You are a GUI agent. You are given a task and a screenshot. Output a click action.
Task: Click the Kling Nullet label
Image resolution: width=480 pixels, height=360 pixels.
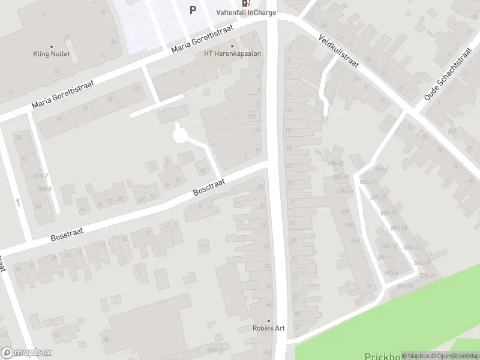52,54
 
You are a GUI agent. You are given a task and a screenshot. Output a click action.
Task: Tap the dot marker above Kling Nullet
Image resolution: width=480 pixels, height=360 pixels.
52,46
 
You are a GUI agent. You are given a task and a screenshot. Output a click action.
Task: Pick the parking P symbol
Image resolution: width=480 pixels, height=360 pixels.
193,9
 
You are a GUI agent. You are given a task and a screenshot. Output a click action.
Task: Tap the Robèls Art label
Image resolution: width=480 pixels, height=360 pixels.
268,328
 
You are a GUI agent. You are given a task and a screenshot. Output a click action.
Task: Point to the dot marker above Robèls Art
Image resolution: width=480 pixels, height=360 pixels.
268,320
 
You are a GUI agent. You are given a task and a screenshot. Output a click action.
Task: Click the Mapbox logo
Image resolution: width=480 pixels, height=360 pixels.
26,353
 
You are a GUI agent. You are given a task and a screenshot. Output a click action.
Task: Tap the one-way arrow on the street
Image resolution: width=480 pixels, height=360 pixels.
18,203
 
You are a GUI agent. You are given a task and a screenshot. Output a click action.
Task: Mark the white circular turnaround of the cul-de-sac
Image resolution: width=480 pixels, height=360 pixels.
179,137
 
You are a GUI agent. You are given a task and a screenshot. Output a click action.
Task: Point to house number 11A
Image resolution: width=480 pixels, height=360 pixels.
289,110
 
